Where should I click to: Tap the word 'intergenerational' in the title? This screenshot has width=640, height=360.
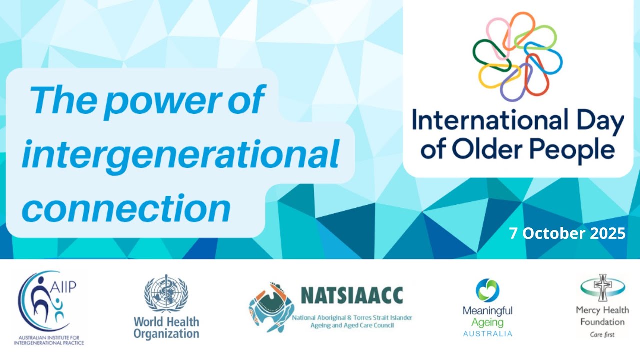click(x=180, y=155)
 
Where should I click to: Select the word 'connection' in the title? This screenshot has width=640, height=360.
click(x=126, y=208)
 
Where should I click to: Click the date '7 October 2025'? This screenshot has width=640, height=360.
click(x=567, y=233)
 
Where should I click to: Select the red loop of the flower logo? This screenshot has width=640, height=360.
click(x=538, y=73)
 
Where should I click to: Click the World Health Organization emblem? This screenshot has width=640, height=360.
click(x=166, y=294)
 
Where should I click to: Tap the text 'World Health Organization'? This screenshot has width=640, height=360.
click(x=166, y=327)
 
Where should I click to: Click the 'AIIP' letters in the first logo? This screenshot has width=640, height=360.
click(x=65, y=288)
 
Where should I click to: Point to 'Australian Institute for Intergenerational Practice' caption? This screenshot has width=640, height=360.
click(x=49, y=340)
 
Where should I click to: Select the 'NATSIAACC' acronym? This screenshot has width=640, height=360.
click(x=352, y=295)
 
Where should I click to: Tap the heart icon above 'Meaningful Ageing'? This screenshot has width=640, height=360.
click(x=488, y=290)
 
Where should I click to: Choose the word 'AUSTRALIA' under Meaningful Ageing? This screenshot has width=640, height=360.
click(x=487, y=333)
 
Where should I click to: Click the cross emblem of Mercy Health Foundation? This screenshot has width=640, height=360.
click(x=602, y=287)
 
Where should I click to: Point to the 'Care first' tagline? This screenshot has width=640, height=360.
click(x=602, y=334)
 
